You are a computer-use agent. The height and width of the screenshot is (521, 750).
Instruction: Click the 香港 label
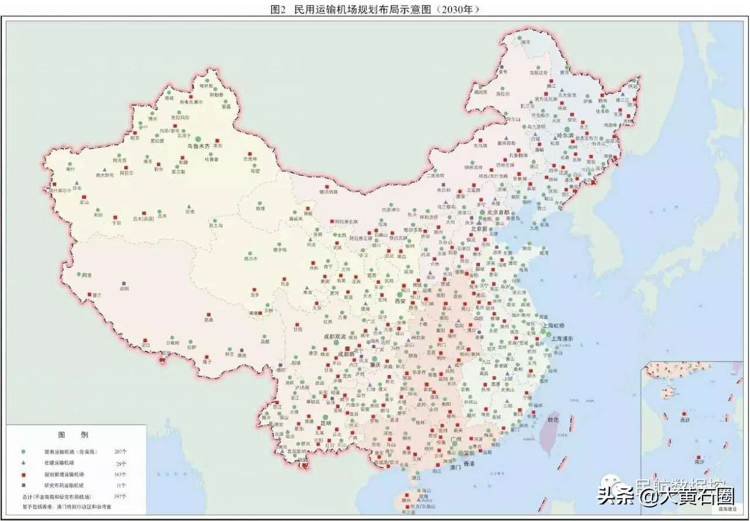tap(469, 464)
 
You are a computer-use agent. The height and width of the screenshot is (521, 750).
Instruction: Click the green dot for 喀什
tap(70, 164)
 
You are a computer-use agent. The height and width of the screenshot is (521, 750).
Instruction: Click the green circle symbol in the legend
tap(23, 452)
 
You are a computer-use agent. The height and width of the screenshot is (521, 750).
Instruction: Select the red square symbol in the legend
tap(23, 474)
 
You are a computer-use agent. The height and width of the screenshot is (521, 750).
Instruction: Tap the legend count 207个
tap(121, 452)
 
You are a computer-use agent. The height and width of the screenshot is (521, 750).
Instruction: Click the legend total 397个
tap(121, 496)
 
